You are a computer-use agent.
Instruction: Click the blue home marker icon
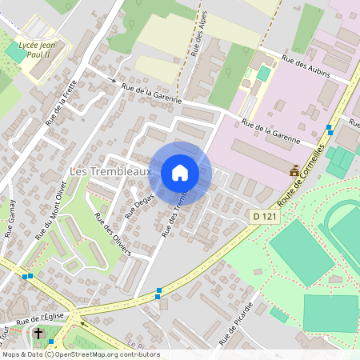coord(180,172)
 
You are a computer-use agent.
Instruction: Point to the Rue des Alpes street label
coord(198,34)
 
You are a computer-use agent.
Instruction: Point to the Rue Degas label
coord(138,205)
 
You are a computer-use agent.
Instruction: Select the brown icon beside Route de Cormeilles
coord(294,169)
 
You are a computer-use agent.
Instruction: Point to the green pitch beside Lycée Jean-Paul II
coord(16,53)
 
